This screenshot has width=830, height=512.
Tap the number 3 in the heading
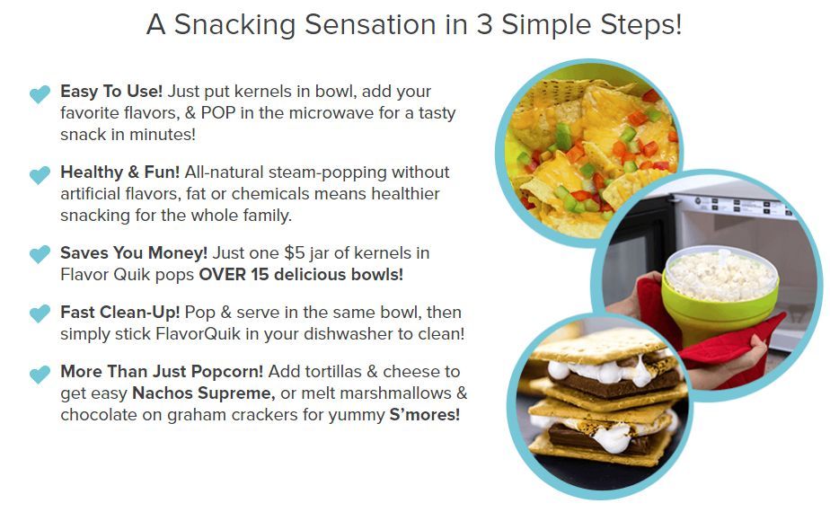point(484,24)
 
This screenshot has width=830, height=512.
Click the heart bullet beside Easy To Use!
point(40,94)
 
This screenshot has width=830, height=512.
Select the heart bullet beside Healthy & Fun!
point(40,175)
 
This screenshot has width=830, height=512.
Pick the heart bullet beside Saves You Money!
point(40,254)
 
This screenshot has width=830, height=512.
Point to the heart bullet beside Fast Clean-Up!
point(40,313)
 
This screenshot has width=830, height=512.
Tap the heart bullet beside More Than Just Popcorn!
point(40,375)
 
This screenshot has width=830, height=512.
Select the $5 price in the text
point(295,252)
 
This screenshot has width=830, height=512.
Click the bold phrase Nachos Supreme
point(203,393)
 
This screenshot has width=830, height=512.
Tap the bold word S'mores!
point(425,415)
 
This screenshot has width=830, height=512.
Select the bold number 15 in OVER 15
point(260,274)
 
